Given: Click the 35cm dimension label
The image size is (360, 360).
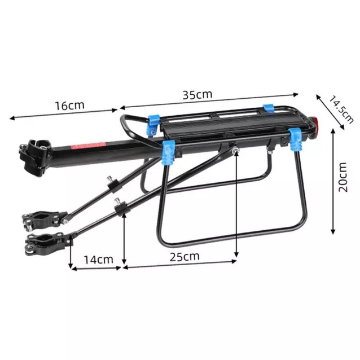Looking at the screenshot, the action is tap(197, 94).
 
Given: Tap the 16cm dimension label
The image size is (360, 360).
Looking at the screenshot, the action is tap(69, 106).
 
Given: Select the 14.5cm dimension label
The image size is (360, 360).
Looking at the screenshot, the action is tap(341, 109).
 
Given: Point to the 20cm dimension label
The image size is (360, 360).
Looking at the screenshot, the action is tap(343, 177).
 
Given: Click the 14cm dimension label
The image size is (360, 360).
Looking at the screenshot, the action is tap(99, 260).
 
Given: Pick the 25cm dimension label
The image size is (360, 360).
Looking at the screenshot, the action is tap(185, 257).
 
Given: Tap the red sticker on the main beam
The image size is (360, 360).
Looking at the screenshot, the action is tap(89, 146).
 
